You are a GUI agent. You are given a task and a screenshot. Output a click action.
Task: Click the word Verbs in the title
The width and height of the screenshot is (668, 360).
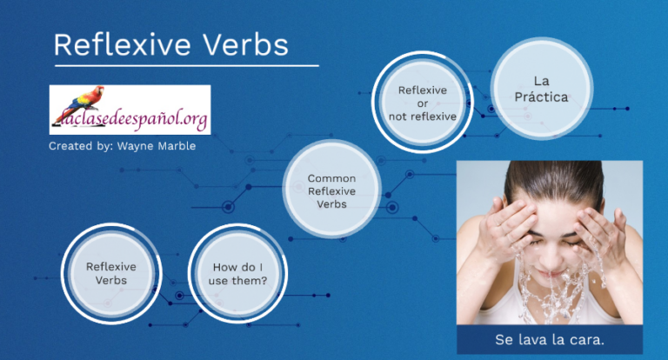(x=246, y=44)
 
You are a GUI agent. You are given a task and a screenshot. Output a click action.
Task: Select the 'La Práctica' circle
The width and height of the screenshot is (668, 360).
(x=538, y=89)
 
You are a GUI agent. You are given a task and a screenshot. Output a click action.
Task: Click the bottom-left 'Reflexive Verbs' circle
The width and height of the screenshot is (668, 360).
(x=111, y=273)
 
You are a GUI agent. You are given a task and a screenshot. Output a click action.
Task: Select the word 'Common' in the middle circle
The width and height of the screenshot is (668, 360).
(x=331, y=178)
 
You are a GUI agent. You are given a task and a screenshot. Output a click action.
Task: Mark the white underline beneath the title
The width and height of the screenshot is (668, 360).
(x=186, y=65)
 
